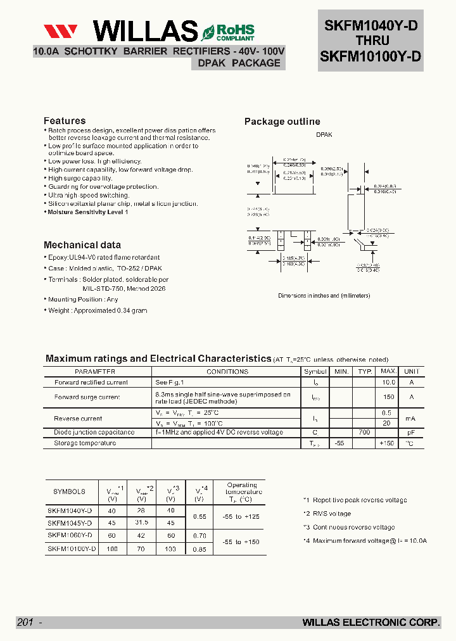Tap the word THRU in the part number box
coord(370,41)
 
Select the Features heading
coord(65,121)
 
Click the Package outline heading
coord(282,122)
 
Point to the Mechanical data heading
coord(82,245)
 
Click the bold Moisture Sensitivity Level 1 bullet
coord(88,212)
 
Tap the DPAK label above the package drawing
coord(324,135)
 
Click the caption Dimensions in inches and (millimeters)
coord(324,296)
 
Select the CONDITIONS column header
coord(227,372)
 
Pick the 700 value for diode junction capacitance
coord(364,432)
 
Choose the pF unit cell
coord(411,432)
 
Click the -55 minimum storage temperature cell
coord(341,443)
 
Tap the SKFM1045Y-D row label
coord(70,523)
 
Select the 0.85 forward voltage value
coord(199,549)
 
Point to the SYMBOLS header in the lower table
coord(69,492)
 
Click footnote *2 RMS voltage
coord(327,514)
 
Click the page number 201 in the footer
coord(25,623)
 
